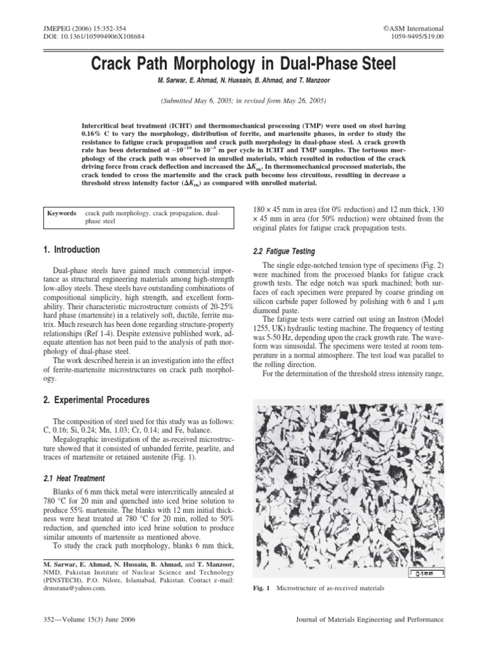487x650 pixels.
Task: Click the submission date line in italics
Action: (x=243, y=101)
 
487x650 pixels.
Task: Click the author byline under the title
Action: (x=243, y=81)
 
